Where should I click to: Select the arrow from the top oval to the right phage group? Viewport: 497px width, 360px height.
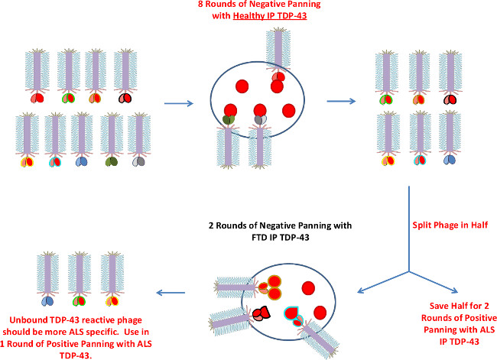coord(340,98)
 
